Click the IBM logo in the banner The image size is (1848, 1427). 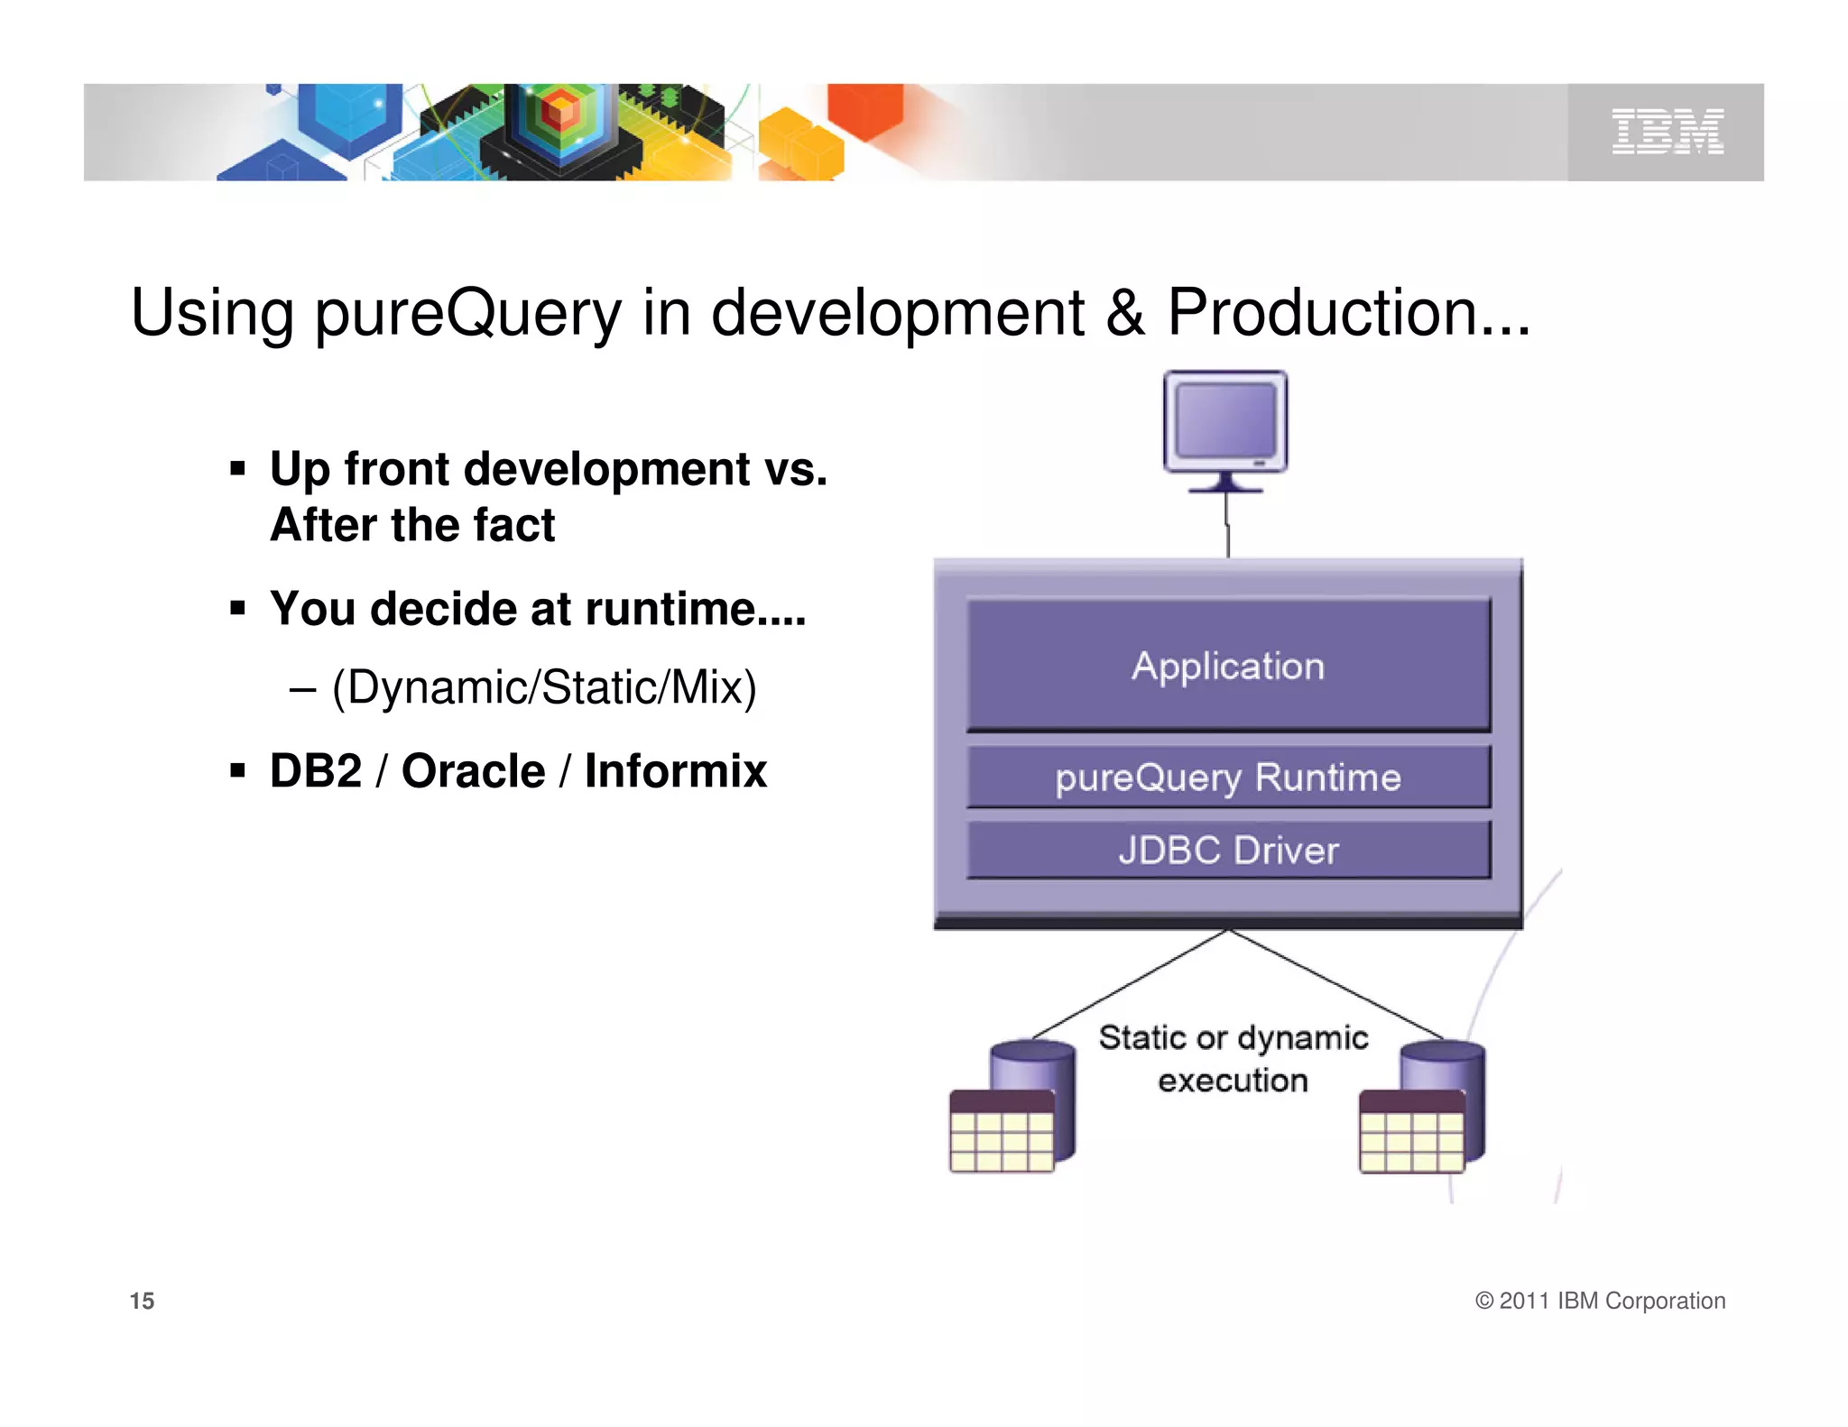[1668, 132]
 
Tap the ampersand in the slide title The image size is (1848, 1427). [1124, 313]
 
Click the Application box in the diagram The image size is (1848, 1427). [1228, 666]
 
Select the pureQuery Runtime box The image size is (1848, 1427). [1228, 777]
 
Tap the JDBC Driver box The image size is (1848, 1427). [1228, 850]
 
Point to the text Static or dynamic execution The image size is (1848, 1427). [1233, 1058]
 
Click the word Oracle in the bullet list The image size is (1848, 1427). [473, 771]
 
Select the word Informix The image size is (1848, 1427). [675, 771]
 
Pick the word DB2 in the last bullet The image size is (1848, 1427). [316, 771]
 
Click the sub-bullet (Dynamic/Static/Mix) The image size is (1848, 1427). [544, 687]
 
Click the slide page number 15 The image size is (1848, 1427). [142, 1301]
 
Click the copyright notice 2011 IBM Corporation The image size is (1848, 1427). [1600, 1301]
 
